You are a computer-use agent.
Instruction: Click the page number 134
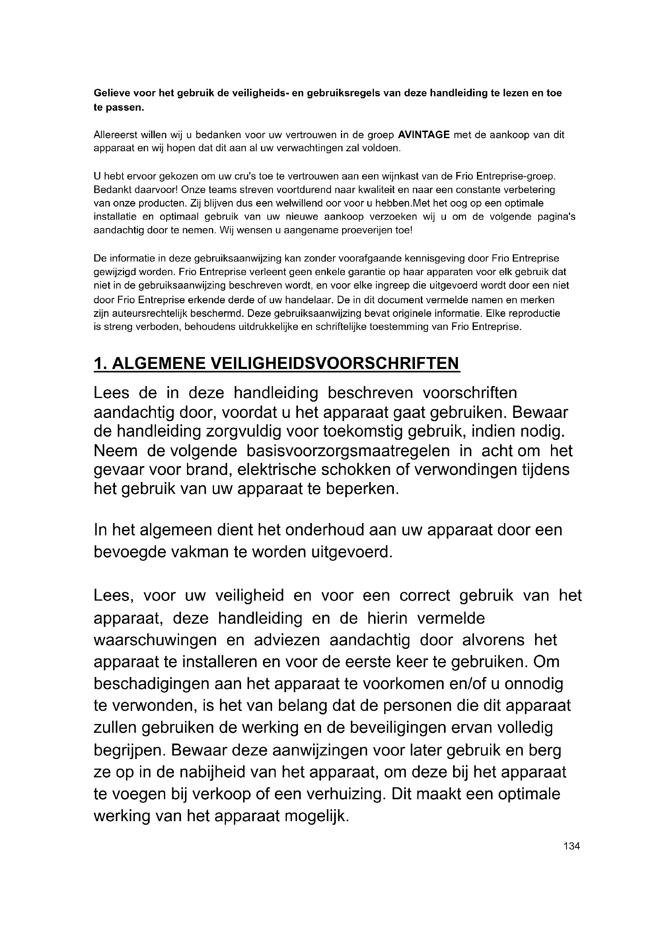pos(571,846)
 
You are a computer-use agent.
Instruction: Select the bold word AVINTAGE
pos(424,135)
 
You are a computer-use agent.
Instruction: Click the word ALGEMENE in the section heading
pos(157,363)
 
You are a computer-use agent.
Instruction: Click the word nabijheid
pos(208,772)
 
